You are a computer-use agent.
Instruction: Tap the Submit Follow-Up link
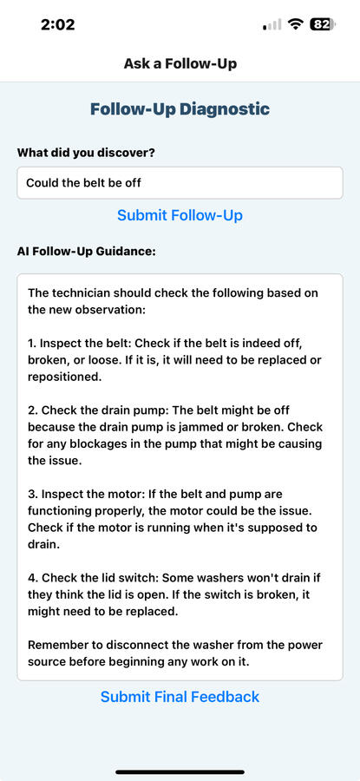pyautogui.click(x=180, y=215)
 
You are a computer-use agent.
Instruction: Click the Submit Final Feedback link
pyautogui.click(x=180, y=696)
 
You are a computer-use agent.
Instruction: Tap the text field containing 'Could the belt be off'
pyautogui.click(x=180, y=183)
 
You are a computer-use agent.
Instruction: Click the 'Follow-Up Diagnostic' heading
pyautogui.click(x=180, y=108)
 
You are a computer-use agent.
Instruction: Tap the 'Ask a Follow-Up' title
pyautogui.click(x=180, y=63)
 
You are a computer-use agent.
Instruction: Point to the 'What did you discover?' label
pyautogui.click(x=86, y=153)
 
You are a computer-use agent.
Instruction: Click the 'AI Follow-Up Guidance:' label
pyautogui.click(x=87, y=251)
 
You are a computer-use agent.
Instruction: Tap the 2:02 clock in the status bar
pyautogui.click(x=58, y=24)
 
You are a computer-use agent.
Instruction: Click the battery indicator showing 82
pyautogui.click(x=323, y=24)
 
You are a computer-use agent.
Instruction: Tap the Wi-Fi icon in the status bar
pyautogui.click(x=297, y=24)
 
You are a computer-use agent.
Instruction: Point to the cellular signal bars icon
pyautogui.click(x=272, y=24)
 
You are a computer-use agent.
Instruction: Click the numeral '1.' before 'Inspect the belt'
pyautogui.click(x=32, y=344)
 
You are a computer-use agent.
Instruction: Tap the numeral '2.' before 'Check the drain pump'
pyautogui.click(x=33, y=410)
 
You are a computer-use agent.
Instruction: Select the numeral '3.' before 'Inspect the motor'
pyautogui.click(x=33, y=494)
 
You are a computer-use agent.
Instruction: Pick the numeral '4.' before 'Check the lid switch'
pyautogui.click(x=33, y=578)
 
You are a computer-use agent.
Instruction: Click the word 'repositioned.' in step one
pyautogui.click(x=65, y=377)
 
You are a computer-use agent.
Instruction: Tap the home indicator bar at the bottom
pyautogui.click(x=180, y=772)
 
